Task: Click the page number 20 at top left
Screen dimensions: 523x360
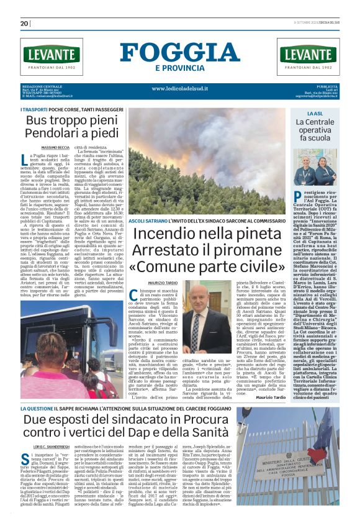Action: coord(25,24)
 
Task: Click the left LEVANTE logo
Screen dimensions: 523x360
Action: coord(51,56)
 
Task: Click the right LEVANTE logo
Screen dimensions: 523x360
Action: coord(309,56)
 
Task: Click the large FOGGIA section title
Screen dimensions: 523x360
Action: coord(180,52)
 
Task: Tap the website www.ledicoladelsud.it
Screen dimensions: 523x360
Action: coord(180,88)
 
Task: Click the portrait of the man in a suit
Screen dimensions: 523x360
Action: coord(200,318)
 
